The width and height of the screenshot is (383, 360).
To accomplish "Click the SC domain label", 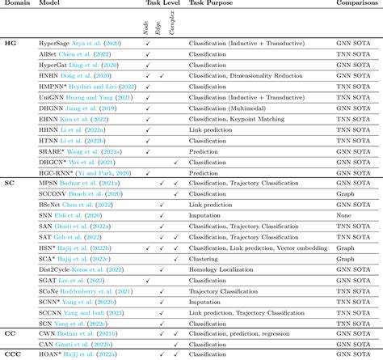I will click(9, 183).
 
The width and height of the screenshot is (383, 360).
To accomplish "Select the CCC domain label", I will click(13, 354).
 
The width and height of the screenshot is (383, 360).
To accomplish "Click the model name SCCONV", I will click(53, 194).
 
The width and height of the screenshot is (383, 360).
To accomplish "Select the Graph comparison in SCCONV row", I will click(345, 194).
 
